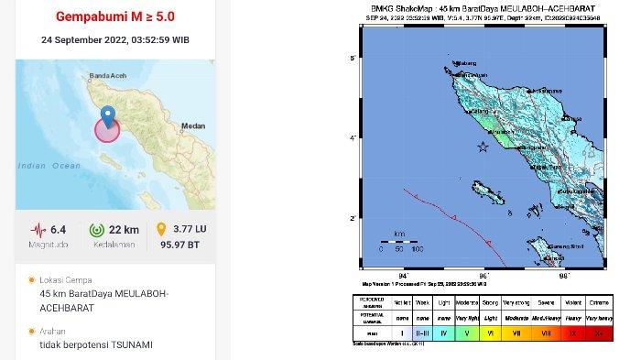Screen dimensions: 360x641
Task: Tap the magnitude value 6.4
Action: [60, 227]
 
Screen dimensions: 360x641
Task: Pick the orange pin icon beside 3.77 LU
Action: [163, 229]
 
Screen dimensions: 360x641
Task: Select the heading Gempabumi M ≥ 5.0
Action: [114, 16]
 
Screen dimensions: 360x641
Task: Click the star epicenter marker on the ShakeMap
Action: [482, 147]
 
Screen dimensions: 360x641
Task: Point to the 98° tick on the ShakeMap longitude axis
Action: [564, 274]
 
